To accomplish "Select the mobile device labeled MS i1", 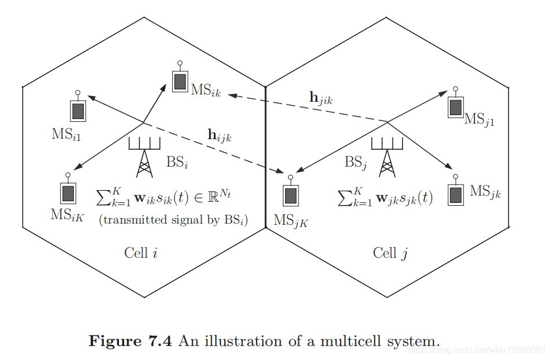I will [78, 110].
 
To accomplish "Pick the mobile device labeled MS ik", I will [179, 81].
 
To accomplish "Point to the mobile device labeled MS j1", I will [456, 105].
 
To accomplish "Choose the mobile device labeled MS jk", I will [456, 193].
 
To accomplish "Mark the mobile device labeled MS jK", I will [290, 195].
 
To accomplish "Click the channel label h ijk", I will [219, 135].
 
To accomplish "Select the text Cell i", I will [140, 253].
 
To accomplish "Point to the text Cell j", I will [390, 253].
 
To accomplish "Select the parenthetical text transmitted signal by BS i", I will [174, 220].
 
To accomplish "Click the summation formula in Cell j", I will [385, 197].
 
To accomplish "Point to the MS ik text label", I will [206, 91].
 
